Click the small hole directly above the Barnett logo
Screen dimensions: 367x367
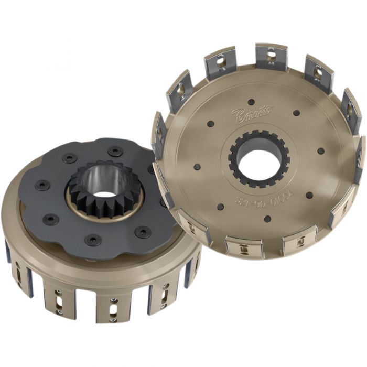pos(251,102)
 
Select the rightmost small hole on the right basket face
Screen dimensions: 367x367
pos(320,151)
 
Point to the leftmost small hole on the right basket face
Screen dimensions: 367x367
pos(197,167)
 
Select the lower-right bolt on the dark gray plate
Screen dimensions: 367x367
pos(143,231)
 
